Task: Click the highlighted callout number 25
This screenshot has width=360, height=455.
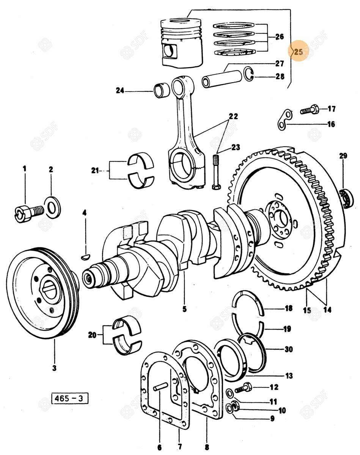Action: [x=299, y=52]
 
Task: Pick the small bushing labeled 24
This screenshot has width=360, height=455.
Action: [x=161, y=91]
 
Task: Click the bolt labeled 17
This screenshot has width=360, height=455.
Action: [x=308, y=111]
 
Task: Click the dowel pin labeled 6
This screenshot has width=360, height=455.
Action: [x=160, y=388]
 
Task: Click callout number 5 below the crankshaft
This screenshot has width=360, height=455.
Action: [x=184, y=309]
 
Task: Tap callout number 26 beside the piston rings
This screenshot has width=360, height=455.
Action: [x=280, y=37]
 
